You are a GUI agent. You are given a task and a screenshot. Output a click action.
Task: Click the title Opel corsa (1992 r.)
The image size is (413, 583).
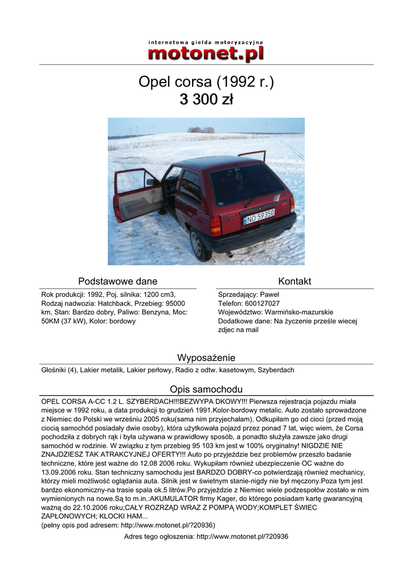[x=206, y=82]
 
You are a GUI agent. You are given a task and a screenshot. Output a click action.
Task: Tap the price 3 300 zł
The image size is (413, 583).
[x=206, y=100]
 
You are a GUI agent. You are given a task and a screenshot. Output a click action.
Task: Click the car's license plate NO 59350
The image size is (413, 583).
[x=259, y=216]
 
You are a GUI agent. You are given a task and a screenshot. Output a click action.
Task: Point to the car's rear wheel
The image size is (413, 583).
[x=198, y=244]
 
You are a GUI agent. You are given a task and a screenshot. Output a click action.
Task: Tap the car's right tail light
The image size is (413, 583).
[x=292, y=204]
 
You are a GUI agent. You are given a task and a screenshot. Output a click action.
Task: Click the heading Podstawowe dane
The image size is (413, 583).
[x=118, y=281]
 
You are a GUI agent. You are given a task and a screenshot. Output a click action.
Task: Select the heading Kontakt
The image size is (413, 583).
[x=295, y=281]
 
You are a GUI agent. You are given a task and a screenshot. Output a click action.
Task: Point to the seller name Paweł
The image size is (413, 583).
[x=269, y=294]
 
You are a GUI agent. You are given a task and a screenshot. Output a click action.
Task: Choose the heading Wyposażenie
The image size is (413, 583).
[x=206, y=358]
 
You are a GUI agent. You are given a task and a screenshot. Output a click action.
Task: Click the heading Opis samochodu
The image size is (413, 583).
[x=206, y=389]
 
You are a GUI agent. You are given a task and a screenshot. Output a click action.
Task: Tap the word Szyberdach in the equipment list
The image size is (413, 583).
[x=276, y=370]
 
